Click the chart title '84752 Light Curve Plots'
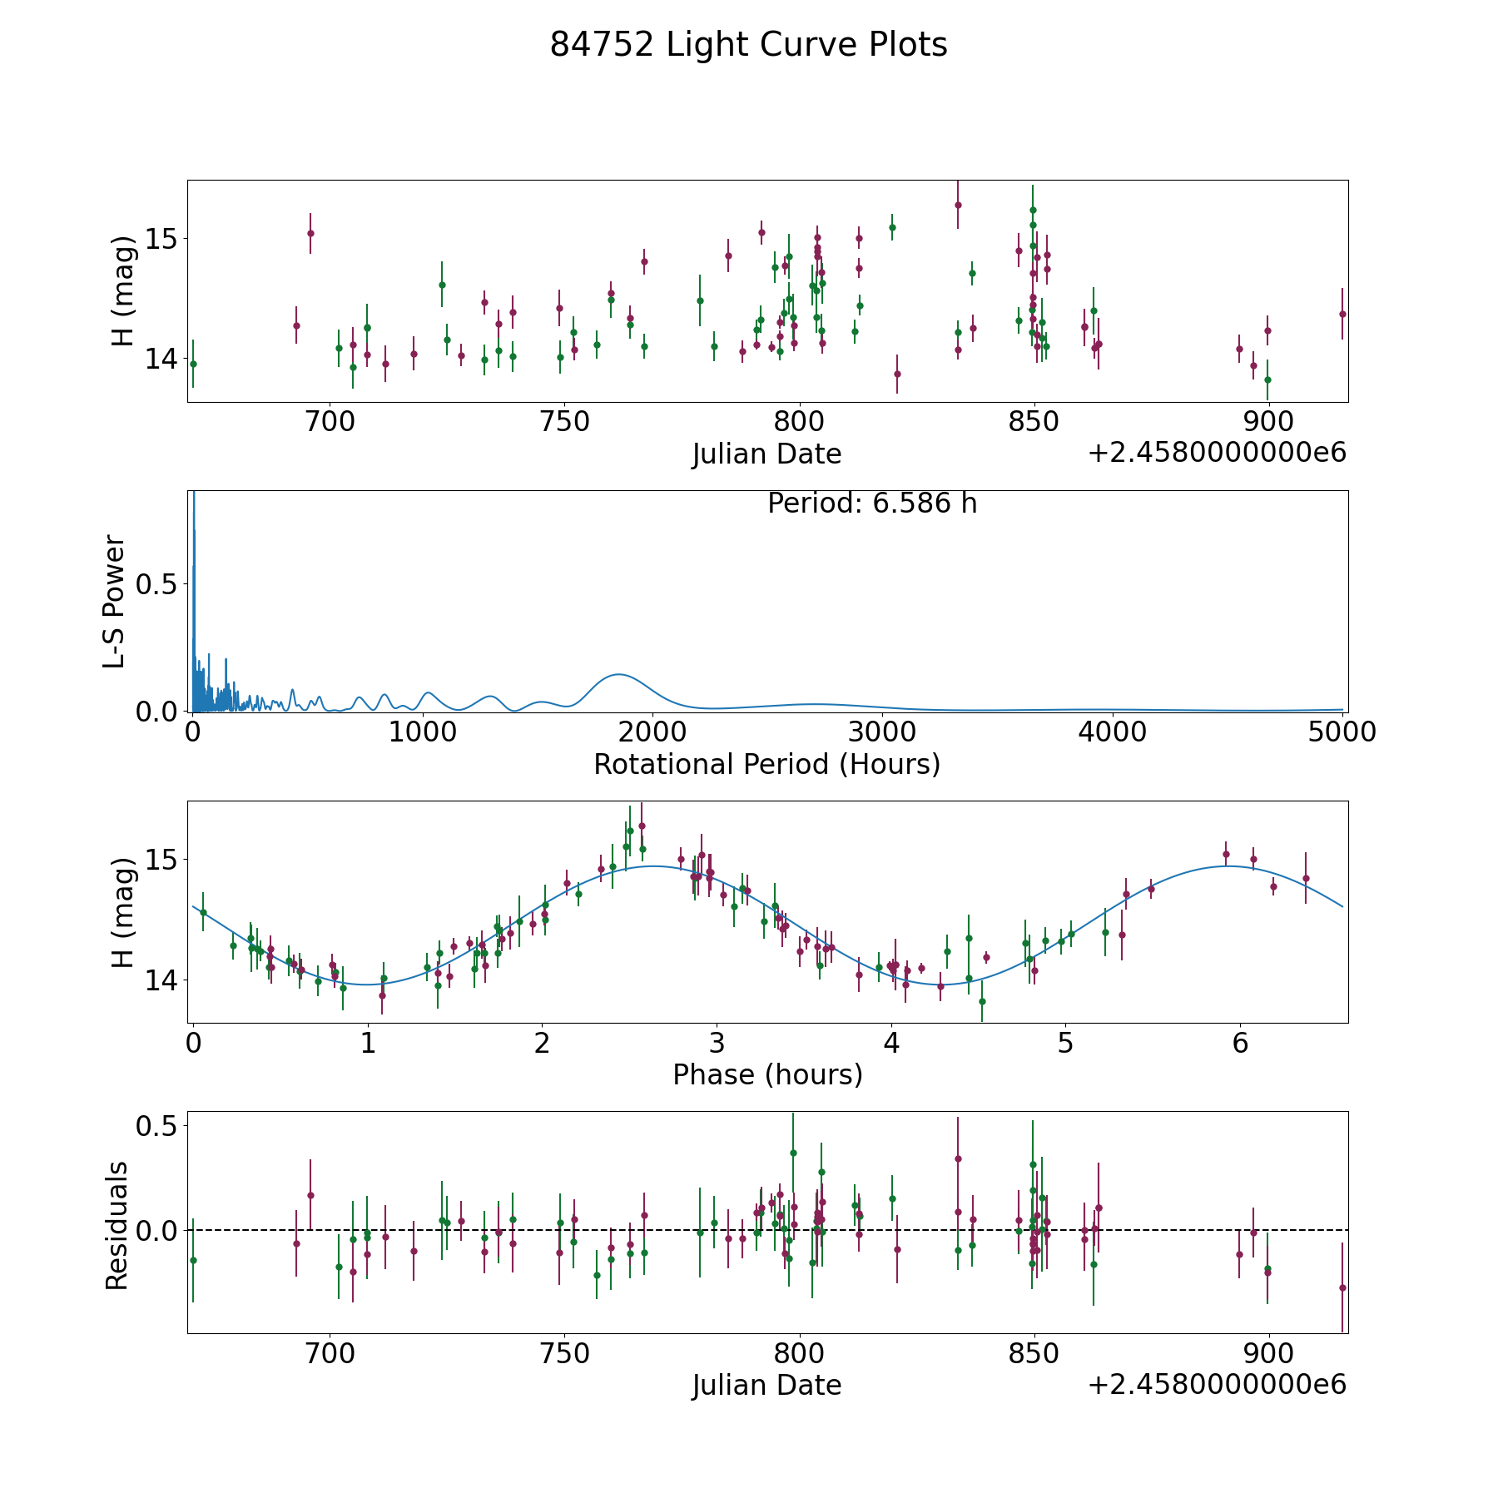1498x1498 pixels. pos(748,45)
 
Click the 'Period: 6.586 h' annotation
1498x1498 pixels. pos(871,503)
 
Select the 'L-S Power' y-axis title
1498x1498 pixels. pos(115,601)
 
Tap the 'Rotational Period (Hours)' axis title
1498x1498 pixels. pos(766,764)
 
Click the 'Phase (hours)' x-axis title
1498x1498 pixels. pos(767,1074)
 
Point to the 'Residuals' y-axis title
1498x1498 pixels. pos(117,1225)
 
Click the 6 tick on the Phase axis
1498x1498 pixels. pos(1240,1043)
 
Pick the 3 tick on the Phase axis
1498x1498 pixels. pos(717,1043)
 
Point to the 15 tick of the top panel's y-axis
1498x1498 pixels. pos(161,240)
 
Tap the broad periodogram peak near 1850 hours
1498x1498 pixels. pos(618,674)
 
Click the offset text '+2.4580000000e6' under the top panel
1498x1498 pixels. pos(1217,453)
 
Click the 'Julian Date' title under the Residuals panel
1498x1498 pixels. pos(766,1386)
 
